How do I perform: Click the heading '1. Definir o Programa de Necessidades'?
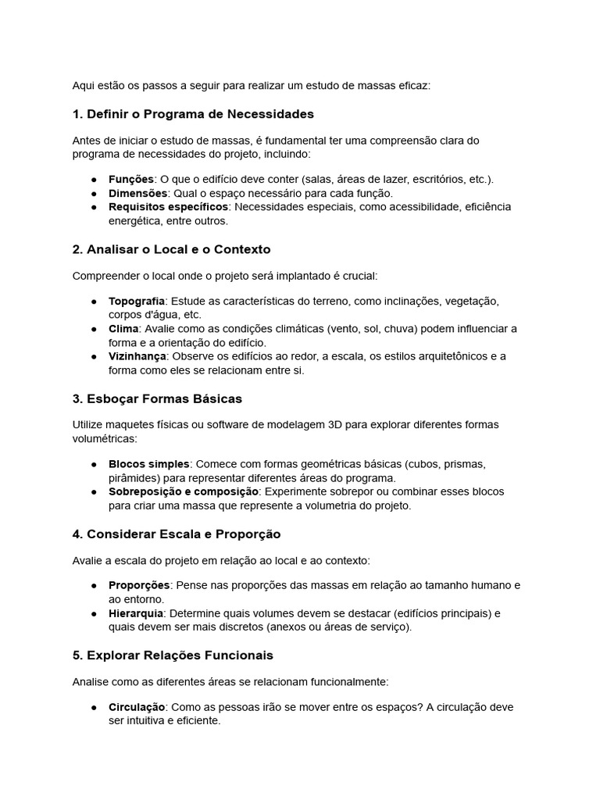coord(192,114)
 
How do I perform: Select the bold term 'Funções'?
coord(130,179)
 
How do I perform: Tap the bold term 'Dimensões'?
coord(137,193)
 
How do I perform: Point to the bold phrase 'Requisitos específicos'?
coord(168,207)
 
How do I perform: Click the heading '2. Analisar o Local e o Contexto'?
coord(171,249)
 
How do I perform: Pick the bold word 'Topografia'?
coord(137,301)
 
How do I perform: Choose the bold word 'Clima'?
coord(123,329)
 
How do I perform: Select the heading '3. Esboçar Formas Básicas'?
coord(157,398)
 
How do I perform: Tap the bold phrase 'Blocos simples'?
coord(148,464)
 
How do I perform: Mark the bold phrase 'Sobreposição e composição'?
coord(183,492)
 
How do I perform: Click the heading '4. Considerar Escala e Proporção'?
coord(176,534)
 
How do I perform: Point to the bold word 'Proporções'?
coord(139,585)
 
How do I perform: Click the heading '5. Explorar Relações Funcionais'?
coord(172,655)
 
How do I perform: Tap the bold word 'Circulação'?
coord(137,707)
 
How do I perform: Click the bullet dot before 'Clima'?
coord(94,329)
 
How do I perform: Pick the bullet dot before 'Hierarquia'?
coord(94,613)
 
